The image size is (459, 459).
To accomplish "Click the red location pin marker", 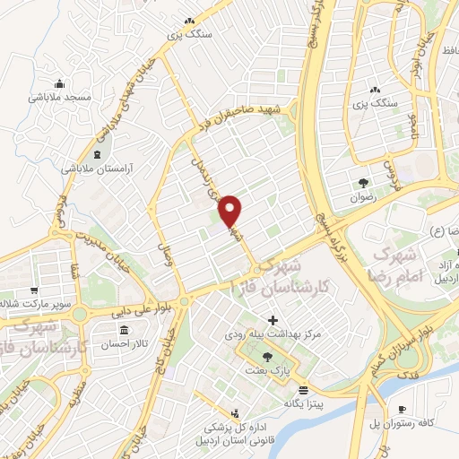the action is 230,212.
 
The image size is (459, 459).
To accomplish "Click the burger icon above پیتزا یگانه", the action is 303,389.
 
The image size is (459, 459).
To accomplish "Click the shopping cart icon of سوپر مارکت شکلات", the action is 33,291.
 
